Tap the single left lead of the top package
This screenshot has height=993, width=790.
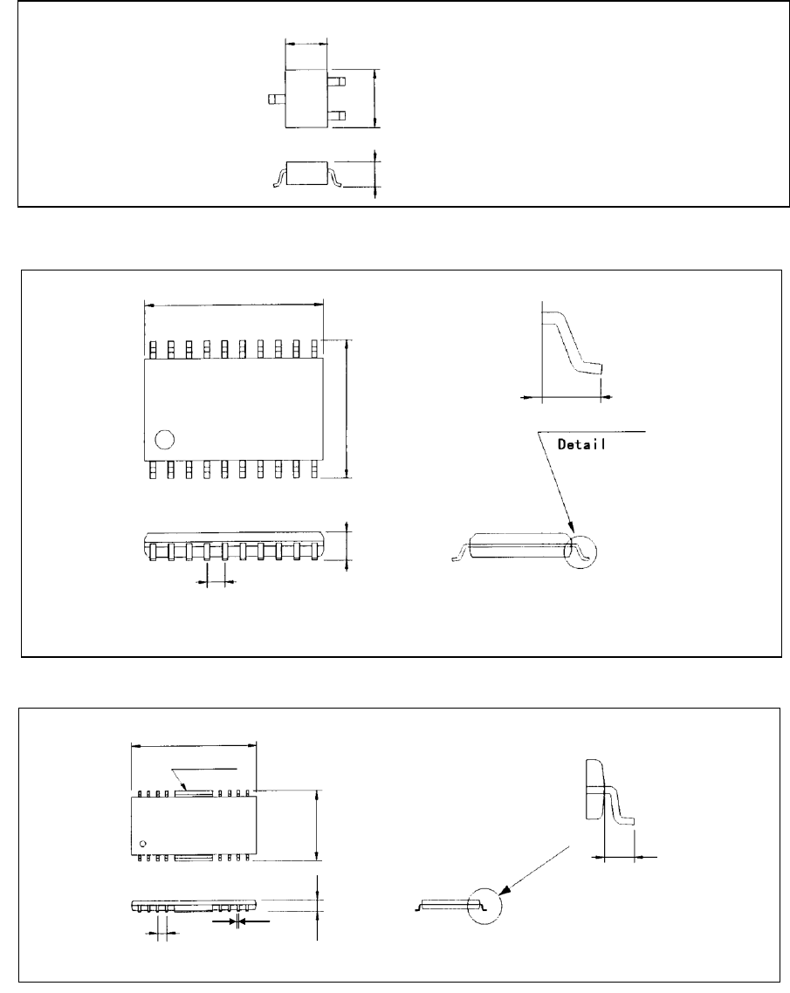click(x=277, y=100)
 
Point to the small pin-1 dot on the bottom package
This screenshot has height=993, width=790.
click(x=143, y=842)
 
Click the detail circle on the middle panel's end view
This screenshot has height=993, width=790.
click(x=584, y=551)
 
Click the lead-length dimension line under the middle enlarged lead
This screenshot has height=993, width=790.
click(x=566, y=396)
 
